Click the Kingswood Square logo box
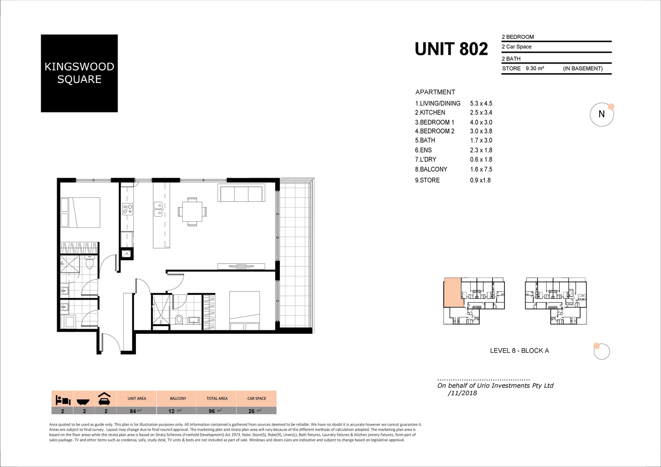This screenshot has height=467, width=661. (x=79, y=73)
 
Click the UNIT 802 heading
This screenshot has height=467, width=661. (x=451, y=49)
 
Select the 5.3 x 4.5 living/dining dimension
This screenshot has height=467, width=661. (x=481, y=103)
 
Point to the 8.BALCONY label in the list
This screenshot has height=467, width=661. (x=431, y=170)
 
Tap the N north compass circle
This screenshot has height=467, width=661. (x=601, y=115)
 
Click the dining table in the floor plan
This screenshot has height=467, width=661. (x=192, y=211)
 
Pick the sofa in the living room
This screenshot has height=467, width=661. (x=241, y=193)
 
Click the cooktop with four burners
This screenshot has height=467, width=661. (x=128, y=209)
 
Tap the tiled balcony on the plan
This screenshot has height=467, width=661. (x=295, y=255)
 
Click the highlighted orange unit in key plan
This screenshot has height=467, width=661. (x=453, y=292)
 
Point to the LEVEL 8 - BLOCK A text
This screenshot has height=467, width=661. (x=519, y=351)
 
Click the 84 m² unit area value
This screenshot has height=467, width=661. (x=136, y=411)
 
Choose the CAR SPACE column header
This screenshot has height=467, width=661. (x=257, y=398)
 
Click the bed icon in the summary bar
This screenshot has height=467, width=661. (x=63, y=399)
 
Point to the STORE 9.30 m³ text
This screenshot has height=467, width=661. (x=523, y=68)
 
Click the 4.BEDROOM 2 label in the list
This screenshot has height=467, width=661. (x=434, y=131)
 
